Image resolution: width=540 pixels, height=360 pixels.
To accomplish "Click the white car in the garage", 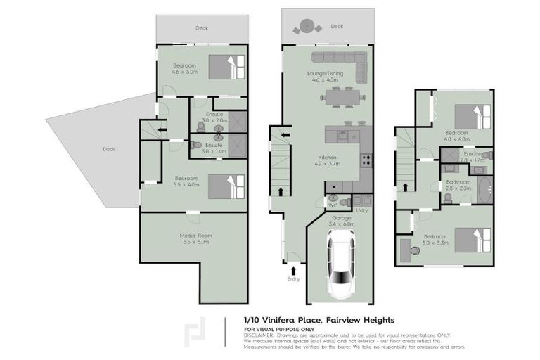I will pyautogui.click(x=341, y=265).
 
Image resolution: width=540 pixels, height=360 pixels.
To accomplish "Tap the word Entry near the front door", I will pyautogui.click(x=293, y=279).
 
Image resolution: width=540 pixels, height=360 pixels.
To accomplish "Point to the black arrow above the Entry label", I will pyautogui.click(x=293, y=269).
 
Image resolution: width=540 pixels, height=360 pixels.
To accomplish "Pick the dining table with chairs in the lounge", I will pyautogui.click(x=342, y=96).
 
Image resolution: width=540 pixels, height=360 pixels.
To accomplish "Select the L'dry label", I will pyautogui.click(x=362, y=210).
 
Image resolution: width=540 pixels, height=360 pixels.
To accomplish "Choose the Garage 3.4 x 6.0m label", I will pyautogui.click(x=342, y=221).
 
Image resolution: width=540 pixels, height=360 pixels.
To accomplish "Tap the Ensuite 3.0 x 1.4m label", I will pyautogui.click(x=214, y=148).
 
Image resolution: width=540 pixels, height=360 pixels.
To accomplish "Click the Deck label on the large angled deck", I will pyautogui.click(x=108, y=148).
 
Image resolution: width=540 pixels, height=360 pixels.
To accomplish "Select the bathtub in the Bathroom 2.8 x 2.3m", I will pyautogui.click(x=484, y=190).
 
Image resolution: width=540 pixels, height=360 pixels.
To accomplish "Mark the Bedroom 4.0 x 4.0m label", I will pyautogui.click(x=457, y=135).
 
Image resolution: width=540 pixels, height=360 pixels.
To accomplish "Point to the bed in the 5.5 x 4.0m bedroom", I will pyautogui.click(x=228, y=186).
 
